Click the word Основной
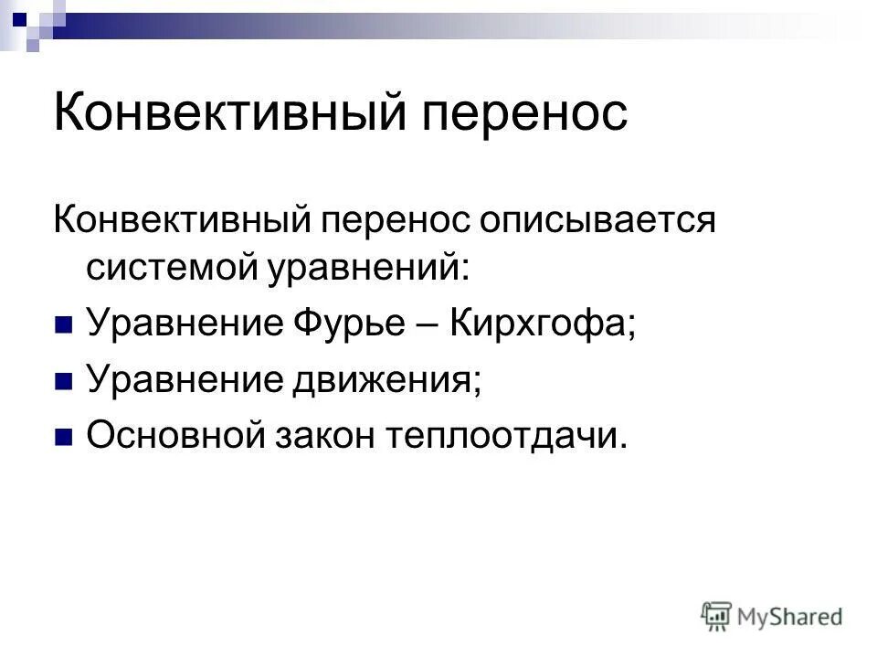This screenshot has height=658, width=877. point(174,436)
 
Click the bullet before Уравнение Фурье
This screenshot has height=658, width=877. point(63,325)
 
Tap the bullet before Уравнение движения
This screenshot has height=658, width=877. point(63,380)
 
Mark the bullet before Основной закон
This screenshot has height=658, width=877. point(63,437)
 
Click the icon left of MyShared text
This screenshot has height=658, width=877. point(716,615)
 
